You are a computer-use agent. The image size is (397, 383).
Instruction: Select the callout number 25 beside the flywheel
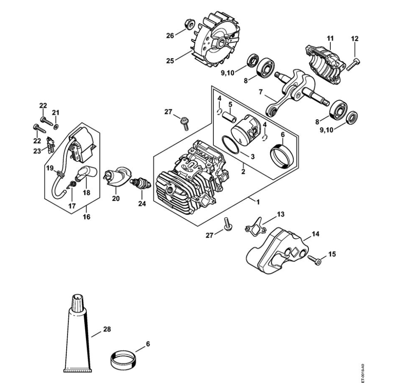click(x=170, y=61)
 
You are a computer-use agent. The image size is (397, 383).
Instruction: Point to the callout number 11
click(x=330, y=38)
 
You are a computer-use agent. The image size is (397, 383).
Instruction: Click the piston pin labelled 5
click(x=229, y=117)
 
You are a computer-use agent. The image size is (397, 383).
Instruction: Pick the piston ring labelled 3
click(x=231, y=144)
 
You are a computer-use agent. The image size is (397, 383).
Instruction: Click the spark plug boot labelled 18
click(x=86, y=174)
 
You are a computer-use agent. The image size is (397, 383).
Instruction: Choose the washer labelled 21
click(x=56, y=126)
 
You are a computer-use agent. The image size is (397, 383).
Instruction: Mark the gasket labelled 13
click(x=255, y=225)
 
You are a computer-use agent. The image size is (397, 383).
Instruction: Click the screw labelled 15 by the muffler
click(x=315, y=260)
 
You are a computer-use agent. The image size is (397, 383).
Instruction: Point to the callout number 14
click(x=315, y=234)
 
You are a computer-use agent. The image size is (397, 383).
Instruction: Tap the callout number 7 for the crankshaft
click(x=261, y=92)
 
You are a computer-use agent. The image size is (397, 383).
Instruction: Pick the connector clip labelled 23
click(x=51, y=145)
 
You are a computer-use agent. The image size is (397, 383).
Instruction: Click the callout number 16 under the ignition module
click(x=86, y=217)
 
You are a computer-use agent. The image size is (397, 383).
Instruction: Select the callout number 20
click(x=116, y=198)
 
